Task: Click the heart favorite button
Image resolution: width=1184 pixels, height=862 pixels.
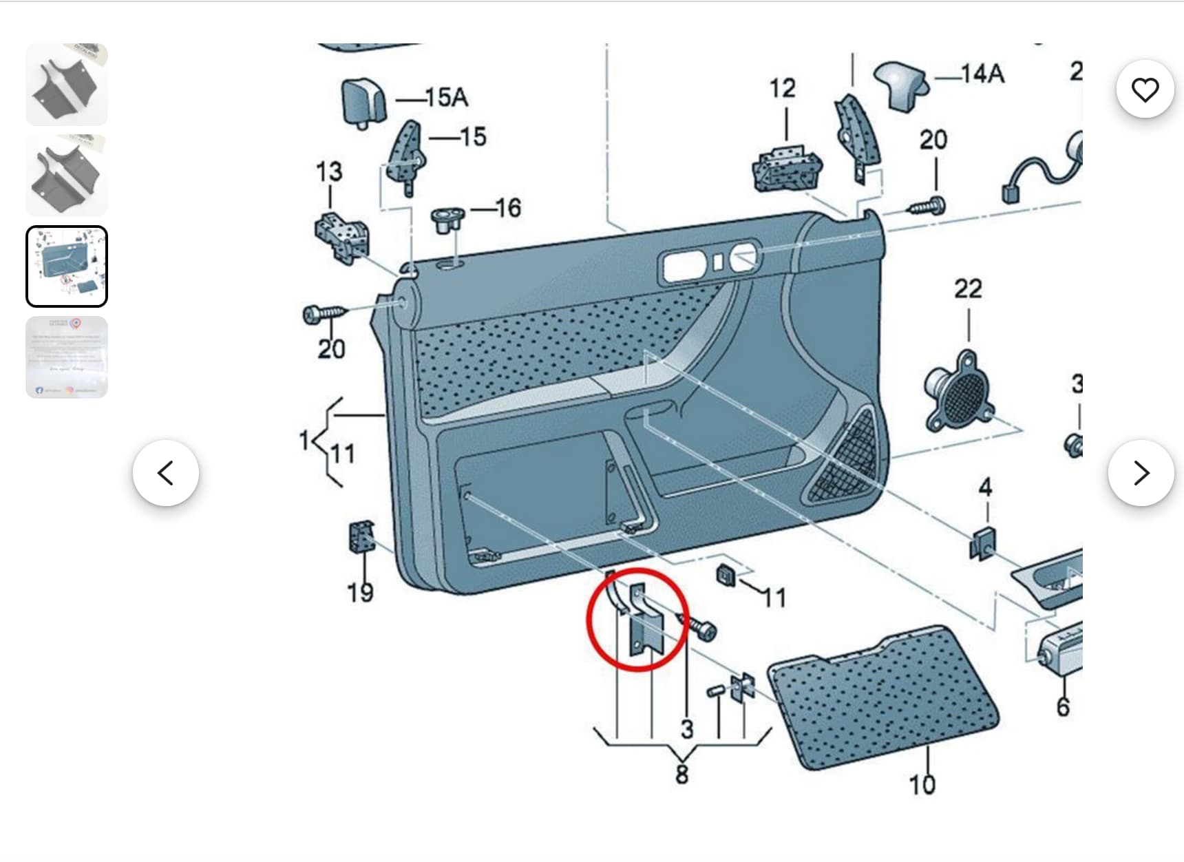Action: (x=1145, y=90)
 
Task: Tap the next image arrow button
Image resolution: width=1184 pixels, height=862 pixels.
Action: (x=1141, y=473)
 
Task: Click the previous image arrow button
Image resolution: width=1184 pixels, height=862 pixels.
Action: (x=166, y=473)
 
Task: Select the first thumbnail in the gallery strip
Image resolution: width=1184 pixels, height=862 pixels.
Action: (x=67, y=85)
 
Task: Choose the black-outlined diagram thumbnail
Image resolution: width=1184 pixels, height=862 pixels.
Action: (x=67, y=266)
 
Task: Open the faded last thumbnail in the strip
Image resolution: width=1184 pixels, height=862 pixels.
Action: (x=67, y=357)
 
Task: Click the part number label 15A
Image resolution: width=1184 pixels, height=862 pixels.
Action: (x=447, y=98)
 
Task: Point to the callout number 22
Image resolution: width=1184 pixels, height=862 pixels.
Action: (x=968, y=288)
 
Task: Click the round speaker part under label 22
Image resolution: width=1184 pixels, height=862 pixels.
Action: (x=961, y=392)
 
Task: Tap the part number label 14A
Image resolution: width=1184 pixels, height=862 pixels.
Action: (x=982, y=74)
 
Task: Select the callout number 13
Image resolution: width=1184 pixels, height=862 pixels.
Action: (x=329, y=171)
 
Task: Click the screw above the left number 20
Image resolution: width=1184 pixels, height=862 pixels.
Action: (x=324, y=314)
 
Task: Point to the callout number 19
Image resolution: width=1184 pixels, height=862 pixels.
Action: (x=360, y=592)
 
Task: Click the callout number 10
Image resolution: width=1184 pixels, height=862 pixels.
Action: (x=922, y=784)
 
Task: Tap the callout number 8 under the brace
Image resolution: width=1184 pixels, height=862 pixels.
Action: (x=681, y=774)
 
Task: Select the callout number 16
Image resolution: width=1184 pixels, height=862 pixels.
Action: (x=508, y=208)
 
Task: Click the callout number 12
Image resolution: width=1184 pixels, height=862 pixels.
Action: (x=783, y=88)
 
